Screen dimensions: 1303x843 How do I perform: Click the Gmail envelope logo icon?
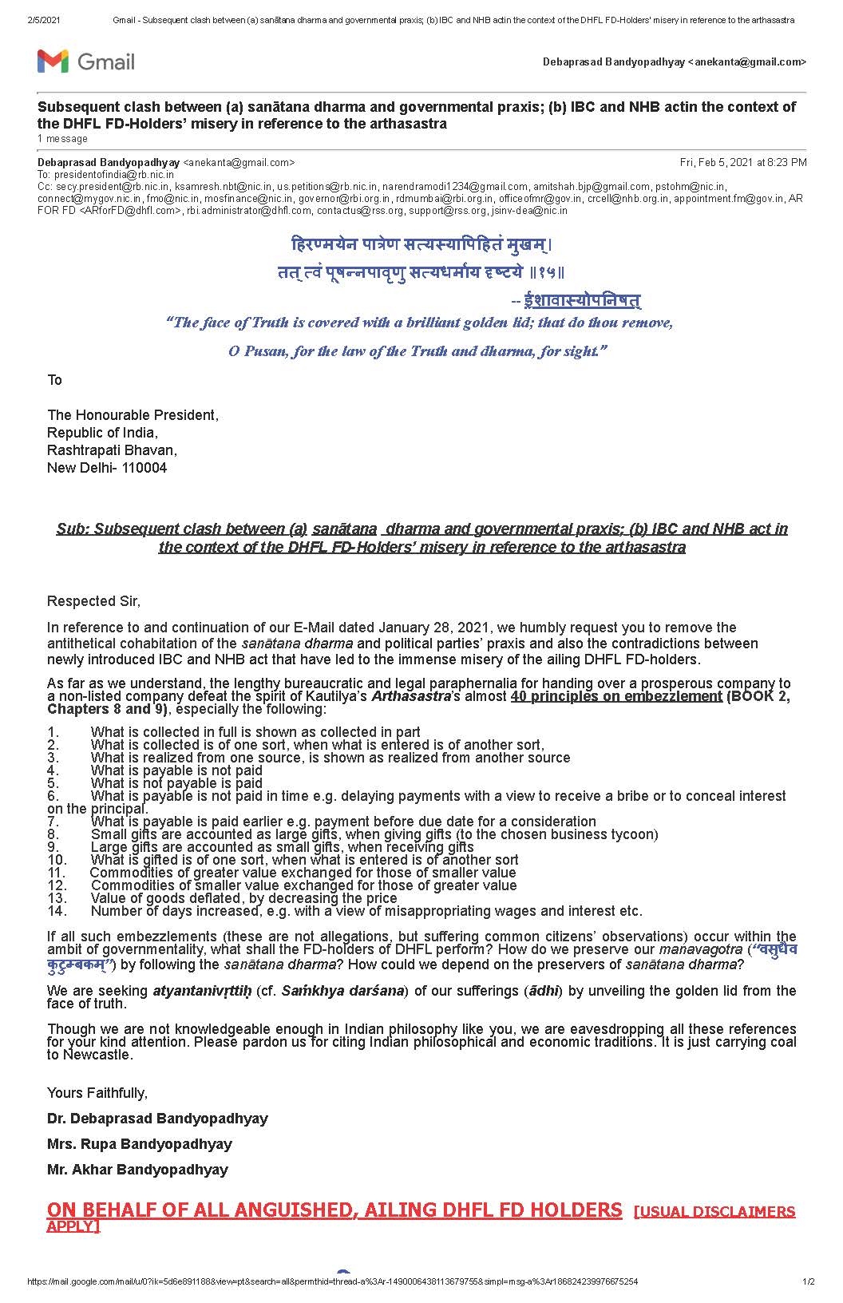(53, 61)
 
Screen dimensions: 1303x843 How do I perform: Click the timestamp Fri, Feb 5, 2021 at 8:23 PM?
(742, 163)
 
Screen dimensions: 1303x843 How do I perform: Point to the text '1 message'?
(62, 139)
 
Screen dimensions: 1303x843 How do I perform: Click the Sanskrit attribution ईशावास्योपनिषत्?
(582, 300)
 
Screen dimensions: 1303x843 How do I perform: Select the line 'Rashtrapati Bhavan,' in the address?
(113, 450)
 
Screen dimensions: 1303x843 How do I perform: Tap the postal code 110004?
(144, 468)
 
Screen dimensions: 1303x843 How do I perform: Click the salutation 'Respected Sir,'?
(93, 601)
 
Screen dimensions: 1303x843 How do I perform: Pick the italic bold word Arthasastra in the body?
(412, 696)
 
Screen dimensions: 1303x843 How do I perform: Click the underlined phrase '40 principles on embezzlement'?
(615, 696)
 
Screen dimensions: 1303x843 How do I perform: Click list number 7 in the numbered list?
(53, 822)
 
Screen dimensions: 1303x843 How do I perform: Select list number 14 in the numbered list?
(57, 911)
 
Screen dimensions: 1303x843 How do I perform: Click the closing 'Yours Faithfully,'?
(97, 1093)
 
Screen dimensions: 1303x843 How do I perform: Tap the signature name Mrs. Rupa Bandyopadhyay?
(140, 1144)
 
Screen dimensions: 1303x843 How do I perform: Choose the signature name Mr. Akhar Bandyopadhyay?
(137, 1170)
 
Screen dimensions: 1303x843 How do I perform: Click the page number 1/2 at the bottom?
(808, 1282)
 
